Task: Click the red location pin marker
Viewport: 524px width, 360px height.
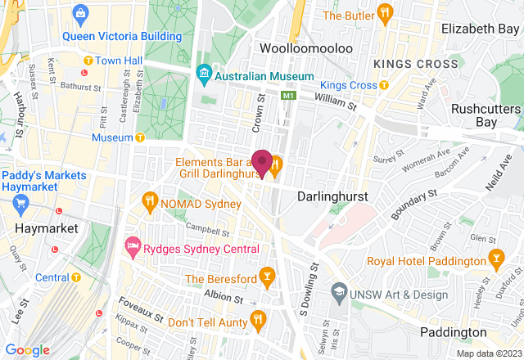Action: point(262,162)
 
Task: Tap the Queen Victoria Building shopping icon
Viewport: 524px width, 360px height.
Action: point(81,14)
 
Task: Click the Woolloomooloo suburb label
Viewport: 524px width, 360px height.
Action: point(305,48)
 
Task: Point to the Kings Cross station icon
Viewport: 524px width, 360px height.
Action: point(383,85)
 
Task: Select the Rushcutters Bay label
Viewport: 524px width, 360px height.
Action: point(486,115)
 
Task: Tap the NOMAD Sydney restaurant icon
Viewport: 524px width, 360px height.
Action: point(149,200)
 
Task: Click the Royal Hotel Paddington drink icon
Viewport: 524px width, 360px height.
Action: point(495,261)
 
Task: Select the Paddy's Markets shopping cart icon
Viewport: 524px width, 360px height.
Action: point(20,201)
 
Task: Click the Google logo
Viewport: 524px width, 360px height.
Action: point(27,349)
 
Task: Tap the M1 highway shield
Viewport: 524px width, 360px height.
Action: point(287,96)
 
